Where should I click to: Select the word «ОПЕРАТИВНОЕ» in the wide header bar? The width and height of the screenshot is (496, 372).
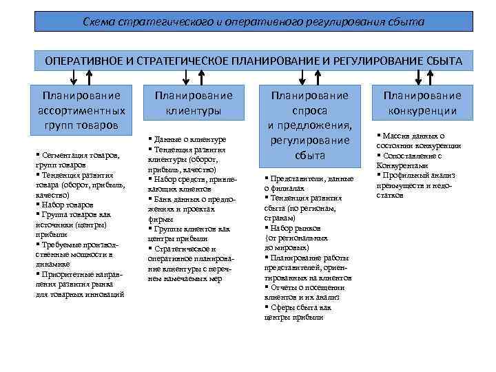pyautogui.click(x=83, y=61)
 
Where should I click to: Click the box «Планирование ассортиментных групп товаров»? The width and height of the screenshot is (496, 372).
pyautogui.click(x=81, y=110)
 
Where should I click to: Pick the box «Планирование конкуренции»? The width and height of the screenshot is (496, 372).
pyautogui.click(x=422, y=103)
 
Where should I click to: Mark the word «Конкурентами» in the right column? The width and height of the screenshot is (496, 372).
pyautogui.click(x=402, y=165)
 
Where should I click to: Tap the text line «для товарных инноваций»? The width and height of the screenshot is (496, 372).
pyautogui.click(x=79, y=294)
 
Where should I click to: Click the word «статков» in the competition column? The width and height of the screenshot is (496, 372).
pyautogui.click(x=391, y=196)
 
